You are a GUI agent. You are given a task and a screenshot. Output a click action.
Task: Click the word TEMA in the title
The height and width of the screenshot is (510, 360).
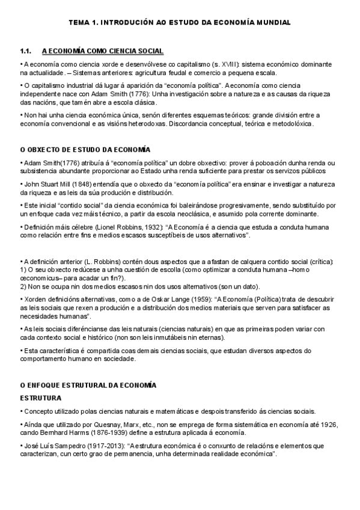79,22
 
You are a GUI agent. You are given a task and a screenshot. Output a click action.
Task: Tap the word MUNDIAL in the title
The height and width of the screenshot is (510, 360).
272,22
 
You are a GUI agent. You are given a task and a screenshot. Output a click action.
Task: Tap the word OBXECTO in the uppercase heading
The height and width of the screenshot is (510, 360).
45,149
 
